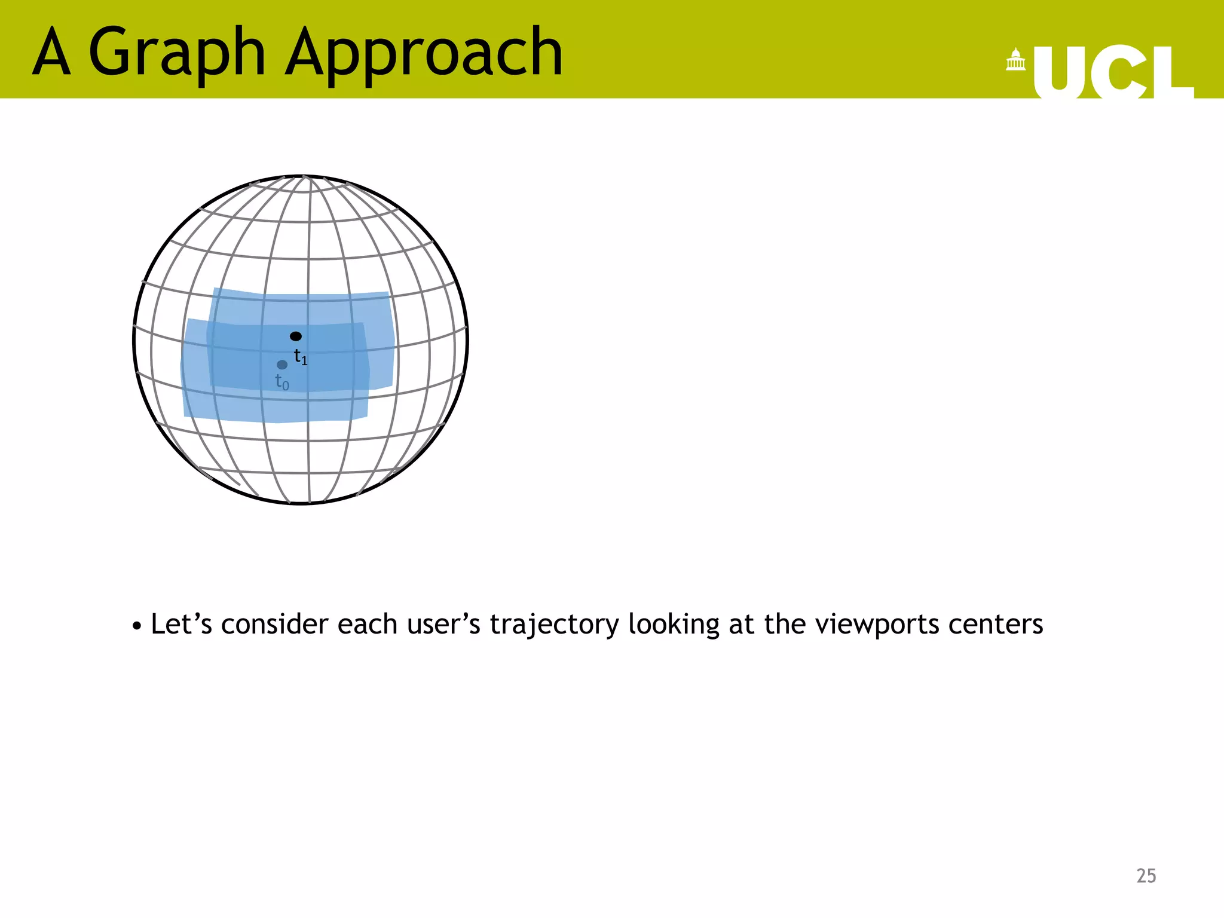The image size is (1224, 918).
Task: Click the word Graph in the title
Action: [177, 54]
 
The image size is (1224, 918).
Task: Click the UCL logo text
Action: [1113, 73]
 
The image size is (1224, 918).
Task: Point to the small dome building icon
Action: [1015, 60]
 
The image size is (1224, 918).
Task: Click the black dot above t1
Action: [296, 336]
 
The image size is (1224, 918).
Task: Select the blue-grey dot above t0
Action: [282, 365]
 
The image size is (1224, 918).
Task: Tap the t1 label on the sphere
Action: [301, 357]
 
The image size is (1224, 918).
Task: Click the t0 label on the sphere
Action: [282, 382]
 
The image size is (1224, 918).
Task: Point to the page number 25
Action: [1146, 876]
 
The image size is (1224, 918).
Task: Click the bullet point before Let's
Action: [137, 626]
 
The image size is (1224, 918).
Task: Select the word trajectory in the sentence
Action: [554, 625]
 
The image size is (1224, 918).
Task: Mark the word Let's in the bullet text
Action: [181, 625]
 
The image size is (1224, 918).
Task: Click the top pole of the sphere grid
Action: [305, 177]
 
